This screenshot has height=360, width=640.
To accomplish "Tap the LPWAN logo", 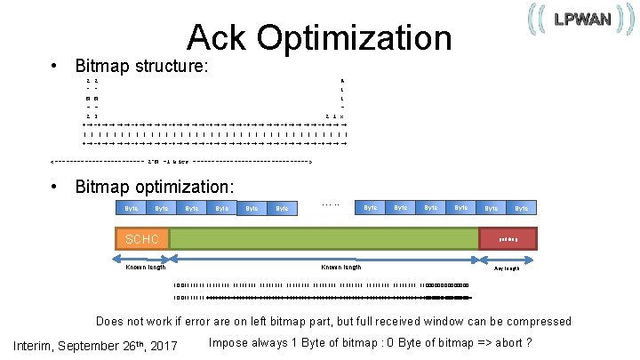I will pyautogui.click(x=577, y=20).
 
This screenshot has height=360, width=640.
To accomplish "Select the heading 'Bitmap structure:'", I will pyautogui.click(x=141, y=66).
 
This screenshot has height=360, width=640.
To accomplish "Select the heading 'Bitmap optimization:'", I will pyautogui.click(x=155, y=187).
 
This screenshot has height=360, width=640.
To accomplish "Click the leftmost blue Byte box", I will pyautogui.click(x=132, y=208).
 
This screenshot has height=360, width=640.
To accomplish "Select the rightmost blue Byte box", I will pyautogui.click(x=522, y=208).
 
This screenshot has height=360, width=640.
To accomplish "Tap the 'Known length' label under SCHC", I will pyautogui.click(x=145, y=267).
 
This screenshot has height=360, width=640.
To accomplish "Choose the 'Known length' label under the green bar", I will pyautogui.click(x=340, y=267).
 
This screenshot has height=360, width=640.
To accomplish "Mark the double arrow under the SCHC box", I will pyautogui.click(x=142, y=258).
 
